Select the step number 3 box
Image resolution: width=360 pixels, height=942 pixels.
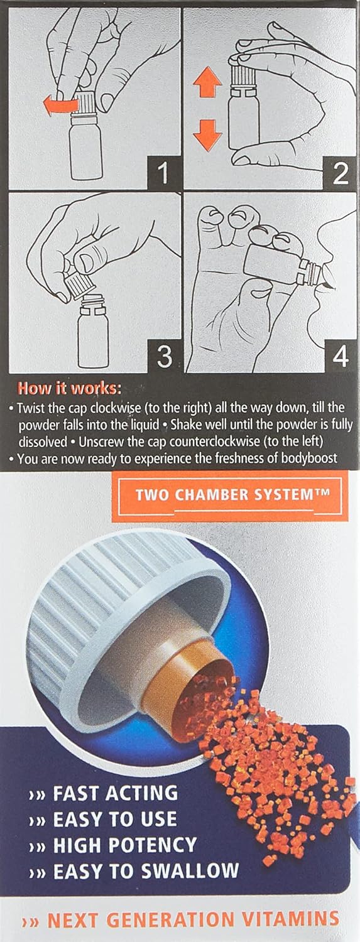(164, 356)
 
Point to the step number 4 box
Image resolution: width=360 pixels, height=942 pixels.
(339, 356)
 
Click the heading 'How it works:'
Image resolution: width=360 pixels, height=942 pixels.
(69, 388)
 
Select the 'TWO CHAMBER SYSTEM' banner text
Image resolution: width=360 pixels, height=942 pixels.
(232, 494)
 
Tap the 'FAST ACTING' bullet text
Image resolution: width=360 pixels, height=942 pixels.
(115, 793)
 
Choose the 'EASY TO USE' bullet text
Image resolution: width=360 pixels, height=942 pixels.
(115, 819)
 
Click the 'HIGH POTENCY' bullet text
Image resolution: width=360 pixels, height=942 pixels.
(125, 845)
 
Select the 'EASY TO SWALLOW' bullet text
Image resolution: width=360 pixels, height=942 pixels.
(146, 870)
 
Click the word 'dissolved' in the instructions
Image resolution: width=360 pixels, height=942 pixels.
(43, 441)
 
